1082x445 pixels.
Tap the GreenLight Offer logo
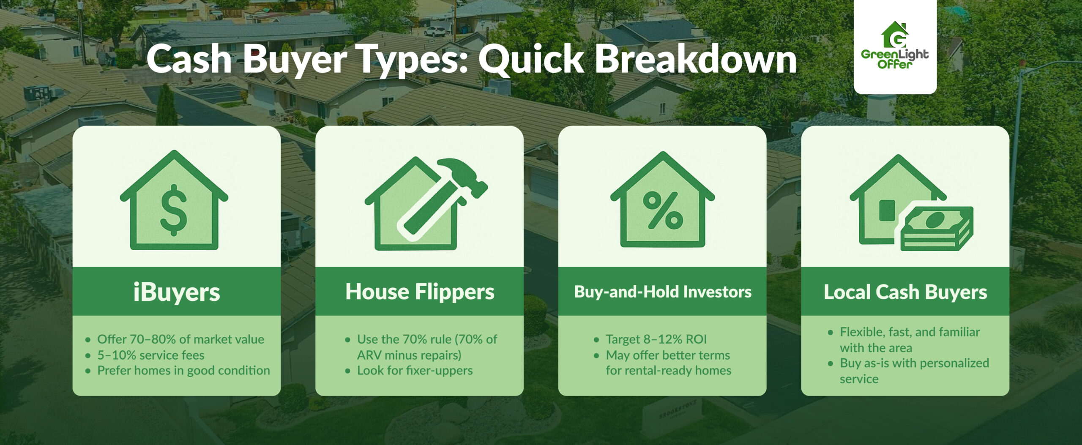pos(895,46)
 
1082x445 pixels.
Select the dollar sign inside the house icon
pos(174,210)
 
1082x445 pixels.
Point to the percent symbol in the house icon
pos(662,210)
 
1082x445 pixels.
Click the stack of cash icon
pos(937,228)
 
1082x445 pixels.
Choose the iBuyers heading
pos(176,292)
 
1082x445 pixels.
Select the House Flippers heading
pos(419,292)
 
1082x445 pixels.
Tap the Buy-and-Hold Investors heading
pos(662,292)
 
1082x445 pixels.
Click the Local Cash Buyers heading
pos(905,292)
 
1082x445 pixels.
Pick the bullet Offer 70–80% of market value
pos(180,339)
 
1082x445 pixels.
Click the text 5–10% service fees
pos(151,355)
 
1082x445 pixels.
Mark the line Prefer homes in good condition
pos(183,371)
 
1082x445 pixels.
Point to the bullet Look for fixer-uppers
pos(415,371)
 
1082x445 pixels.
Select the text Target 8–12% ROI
pos(656,339)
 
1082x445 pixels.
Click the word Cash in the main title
pos(189,60)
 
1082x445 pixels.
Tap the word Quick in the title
pos(531,60)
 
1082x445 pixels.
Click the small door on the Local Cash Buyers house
pos(887,210)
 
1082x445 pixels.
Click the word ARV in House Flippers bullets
pos(369,355)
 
